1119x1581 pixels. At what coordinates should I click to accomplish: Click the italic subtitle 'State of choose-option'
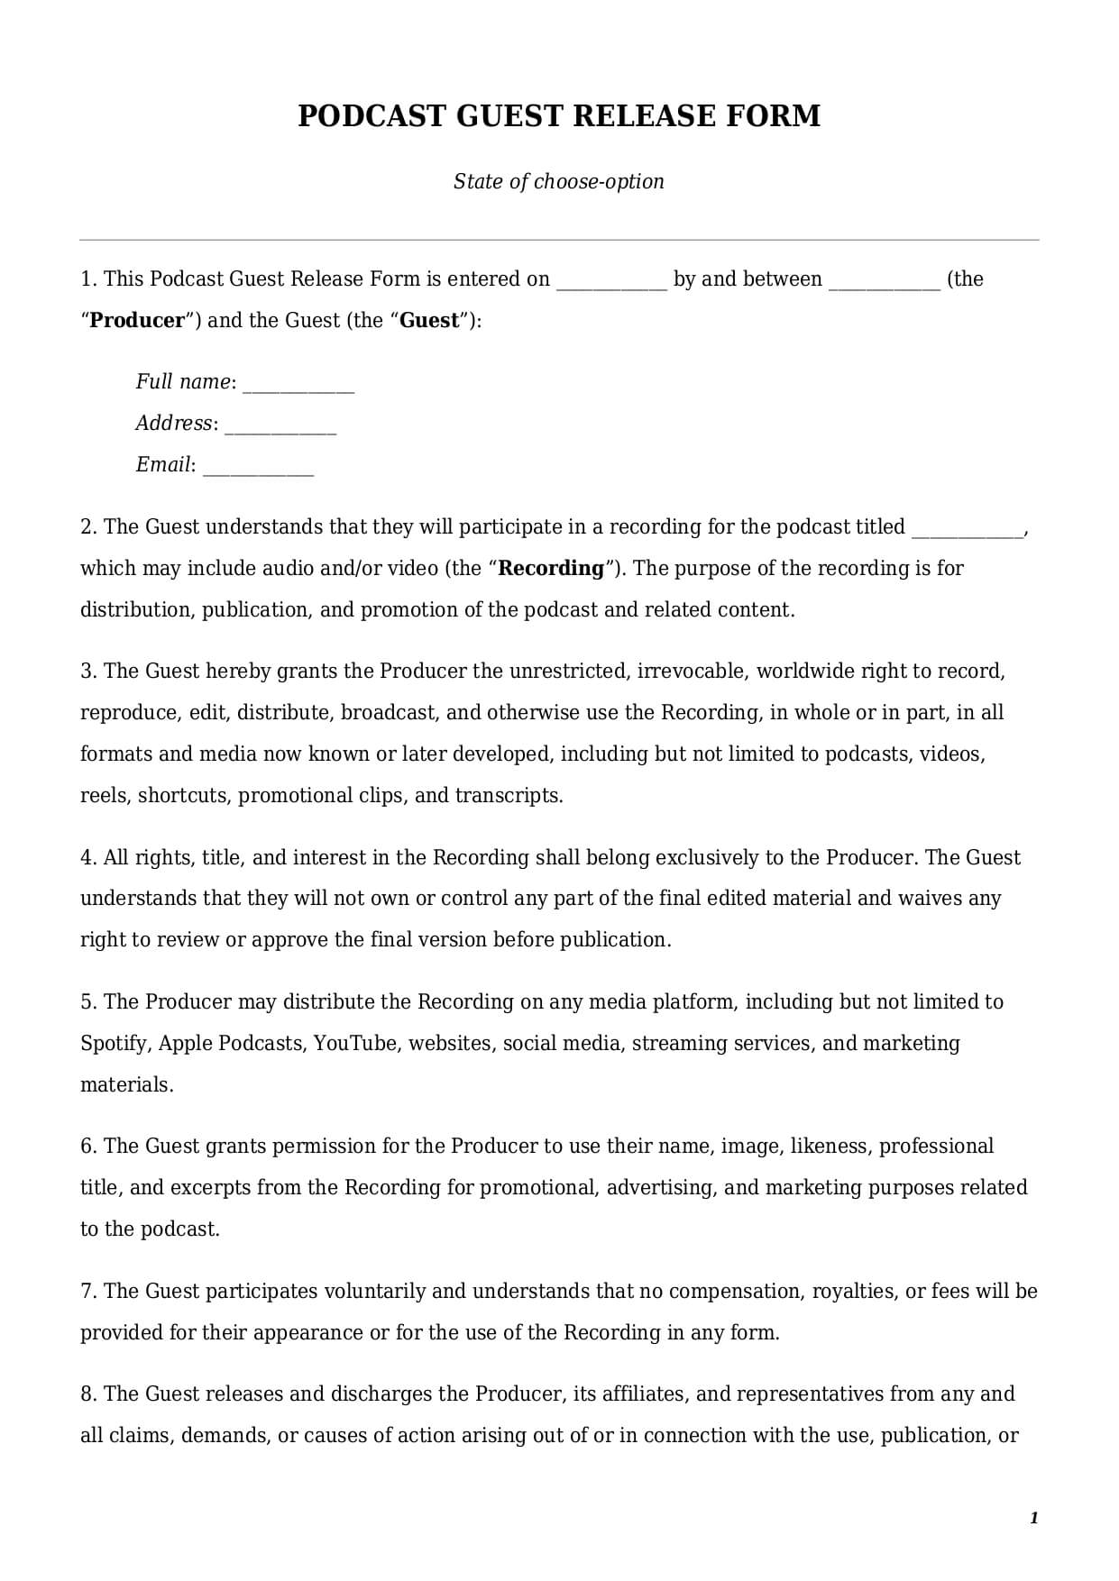(x=558, y=181)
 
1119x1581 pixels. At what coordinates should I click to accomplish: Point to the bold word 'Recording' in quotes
(x=551, y=568)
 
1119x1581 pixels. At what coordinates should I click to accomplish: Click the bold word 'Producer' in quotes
(x=137, y=320)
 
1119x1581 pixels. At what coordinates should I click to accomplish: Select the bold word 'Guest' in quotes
(x=429, y=320)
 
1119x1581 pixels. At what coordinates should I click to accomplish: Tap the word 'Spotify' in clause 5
(x=114, y=1043)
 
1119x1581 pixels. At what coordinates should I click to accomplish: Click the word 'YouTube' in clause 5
(x=354, y=1043)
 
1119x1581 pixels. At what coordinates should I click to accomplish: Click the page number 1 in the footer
(x=1033, y=1518)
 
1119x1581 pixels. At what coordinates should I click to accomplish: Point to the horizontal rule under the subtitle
(x=559, y=240)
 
